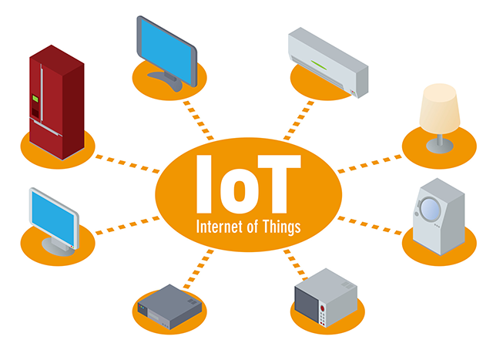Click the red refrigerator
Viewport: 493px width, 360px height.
(x=56, y=103)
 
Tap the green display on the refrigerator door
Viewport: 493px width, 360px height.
(x=35, y=99)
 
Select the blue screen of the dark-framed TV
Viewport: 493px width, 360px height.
(x=166, y=51)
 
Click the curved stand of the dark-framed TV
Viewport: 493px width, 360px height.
(x=166, y=81)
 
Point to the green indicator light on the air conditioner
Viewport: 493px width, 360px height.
(x=319, y=66)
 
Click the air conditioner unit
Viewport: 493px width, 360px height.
(x=328, y=62)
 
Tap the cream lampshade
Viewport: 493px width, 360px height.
(x=440, y=109)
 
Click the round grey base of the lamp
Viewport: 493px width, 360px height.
(x=440, y=146)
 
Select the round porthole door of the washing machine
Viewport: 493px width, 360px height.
(x=430, y=209)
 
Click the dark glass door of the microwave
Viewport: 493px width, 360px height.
(x=307, y=304)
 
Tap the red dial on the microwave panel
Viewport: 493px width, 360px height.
(x=322, y=308)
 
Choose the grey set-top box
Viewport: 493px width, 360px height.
(x=169, y=307)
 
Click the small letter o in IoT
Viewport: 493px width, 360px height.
(x=239, y=192)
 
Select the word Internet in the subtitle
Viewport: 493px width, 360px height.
(x=219, y=227)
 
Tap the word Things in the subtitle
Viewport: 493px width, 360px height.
(x=282, y=227)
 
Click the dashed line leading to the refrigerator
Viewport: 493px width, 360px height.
(x=127, y=164)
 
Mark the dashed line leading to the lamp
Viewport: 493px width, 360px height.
(x=370, y=163)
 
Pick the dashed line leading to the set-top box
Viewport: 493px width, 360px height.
(x=199, y=269)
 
